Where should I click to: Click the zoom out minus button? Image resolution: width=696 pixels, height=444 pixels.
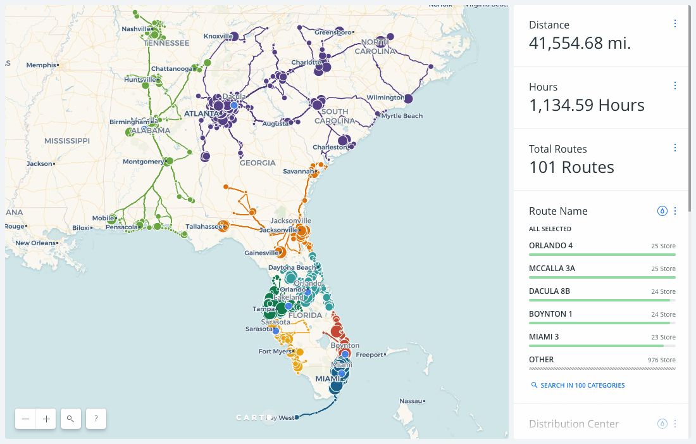click(x=25, y=419)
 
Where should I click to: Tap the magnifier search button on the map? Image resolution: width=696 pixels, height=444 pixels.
click(x=71, y=419)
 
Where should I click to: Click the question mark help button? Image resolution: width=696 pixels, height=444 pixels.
click(x=96, y=419)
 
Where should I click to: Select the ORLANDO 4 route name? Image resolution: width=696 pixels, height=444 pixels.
click(x=550, y=246)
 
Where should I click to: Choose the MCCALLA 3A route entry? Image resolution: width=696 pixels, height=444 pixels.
click(x=552, y=269)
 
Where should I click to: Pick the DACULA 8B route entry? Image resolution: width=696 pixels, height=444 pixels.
click(x=549, y=291)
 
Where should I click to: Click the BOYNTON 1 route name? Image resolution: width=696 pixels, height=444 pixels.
click(x=550, y=314)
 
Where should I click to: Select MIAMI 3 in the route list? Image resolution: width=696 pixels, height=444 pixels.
click(x=544, y=337)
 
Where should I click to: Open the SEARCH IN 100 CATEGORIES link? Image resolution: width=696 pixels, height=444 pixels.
click(x=582, y=385)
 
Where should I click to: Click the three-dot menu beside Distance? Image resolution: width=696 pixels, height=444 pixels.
click(x=675, y=23)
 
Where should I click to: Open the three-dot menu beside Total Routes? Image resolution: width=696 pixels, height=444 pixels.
click(x=675, y=148)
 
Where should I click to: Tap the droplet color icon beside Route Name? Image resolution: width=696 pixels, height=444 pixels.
click(x=662, y=211)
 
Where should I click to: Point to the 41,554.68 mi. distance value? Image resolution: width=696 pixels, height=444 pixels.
click(x=580, y=43)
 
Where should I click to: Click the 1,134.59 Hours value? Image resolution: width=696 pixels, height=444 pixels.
click(x=587, y=105)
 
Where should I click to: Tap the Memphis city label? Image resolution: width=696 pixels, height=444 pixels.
click(x=41, y=65)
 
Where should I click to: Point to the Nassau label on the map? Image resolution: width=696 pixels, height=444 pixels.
click(x=411, y=401)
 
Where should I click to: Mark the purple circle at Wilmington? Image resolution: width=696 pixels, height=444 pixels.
click(x=408, y=98)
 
